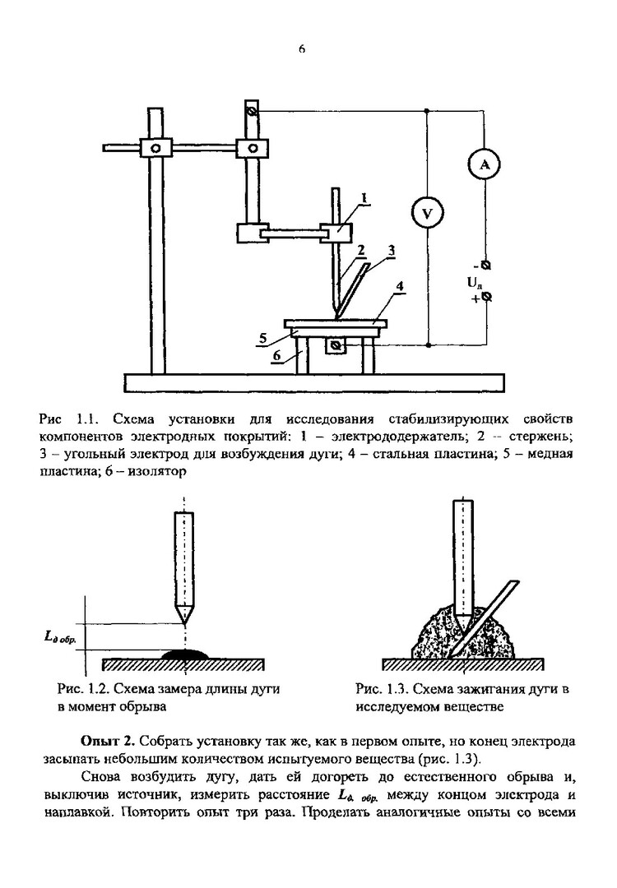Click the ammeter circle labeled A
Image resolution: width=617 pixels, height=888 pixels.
485,166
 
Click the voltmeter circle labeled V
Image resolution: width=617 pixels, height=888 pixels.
427,215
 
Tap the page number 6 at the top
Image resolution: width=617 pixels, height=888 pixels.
301,49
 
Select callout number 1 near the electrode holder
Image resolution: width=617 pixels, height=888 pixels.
363,198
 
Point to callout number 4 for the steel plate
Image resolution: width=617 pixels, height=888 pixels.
399,287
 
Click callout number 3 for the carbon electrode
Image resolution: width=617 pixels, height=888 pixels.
392,248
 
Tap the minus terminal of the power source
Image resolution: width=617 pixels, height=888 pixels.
485,266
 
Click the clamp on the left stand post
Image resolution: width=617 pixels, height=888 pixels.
155,148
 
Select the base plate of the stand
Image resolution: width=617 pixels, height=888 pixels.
313,382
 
